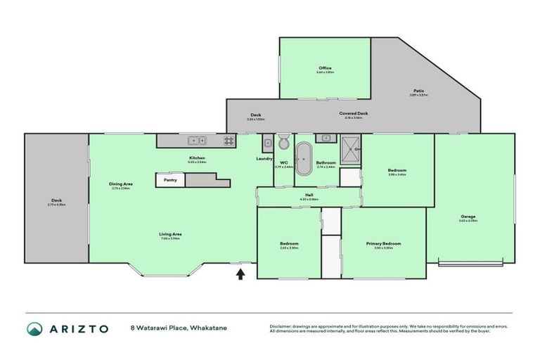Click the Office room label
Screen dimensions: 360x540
pyautogui.click(x=324, y=68)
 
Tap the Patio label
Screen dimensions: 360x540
pyautogui.click(x=418, y=91)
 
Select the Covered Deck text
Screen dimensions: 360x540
pyautogui.click(x=354, y=113)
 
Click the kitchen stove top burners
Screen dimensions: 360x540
pyautogui.click(x=229, y=140)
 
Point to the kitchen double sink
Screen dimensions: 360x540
pyautogui.click(x=195, y=140)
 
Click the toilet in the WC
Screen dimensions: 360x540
pyautogui.click(x=283, y=143)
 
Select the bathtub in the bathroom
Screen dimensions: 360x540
pyautogui.click(x=303, y=160)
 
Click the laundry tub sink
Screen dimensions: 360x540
pyautogui.click(x=267, y=144)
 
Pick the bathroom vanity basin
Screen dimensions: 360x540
pyautogui.click(x=326, y=139)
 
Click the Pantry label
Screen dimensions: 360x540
pyautogui.click(x=169, y=180)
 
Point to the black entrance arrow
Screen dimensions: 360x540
pyautogui.click(x=240, y=274)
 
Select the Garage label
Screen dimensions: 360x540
pyautogui.click(x=468, y=216)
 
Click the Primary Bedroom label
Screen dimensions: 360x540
pyautogui.click(x=383, y=243)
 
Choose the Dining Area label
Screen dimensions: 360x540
pyautogui.click(x=122, y=184)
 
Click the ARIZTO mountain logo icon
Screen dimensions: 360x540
pyautogui.click(x=34, y=328)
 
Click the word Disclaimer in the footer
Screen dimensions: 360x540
pyautogui.click(x=283, y=326)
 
